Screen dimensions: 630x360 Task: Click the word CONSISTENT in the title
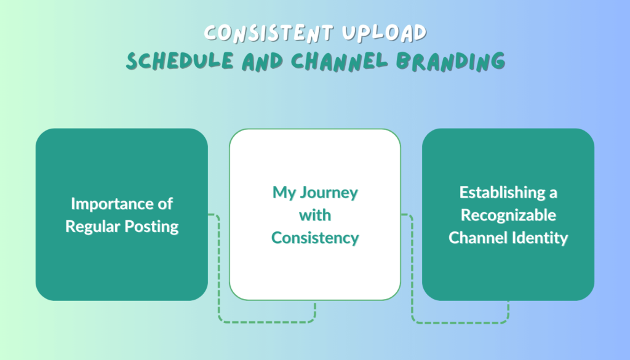(x=269, y=33)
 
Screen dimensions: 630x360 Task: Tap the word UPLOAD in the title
(x=384, y=33)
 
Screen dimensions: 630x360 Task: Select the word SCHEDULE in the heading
(x=180, y=62)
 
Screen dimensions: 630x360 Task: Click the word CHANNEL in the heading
(x=340, y=62)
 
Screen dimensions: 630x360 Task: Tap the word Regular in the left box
(x=93, y=227)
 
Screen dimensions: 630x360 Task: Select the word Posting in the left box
(x=151, y=227)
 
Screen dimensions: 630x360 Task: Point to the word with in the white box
(x=315, y=215)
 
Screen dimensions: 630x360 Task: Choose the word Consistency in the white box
(x=315, y=238)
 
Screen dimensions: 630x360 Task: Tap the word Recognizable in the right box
(x=508, y=215)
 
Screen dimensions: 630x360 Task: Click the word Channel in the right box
(x=477, y=238)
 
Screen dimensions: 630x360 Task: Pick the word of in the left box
(x=165, y=204)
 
